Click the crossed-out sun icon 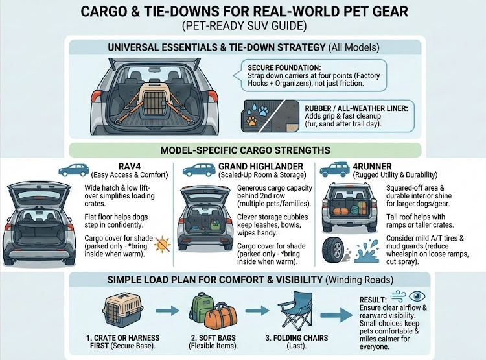[163, 245]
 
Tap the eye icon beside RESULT [417, 296]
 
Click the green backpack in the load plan [200, 309]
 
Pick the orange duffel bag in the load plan [222, 317]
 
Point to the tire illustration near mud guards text [334, 251]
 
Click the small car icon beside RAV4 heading [74, 171]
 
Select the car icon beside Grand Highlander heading [199, 170]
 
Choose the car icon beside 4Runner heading [335, 169]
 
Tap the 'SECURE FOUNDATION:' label [284, 67]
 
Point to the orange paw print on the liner [252, 121]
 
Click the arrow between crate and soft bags [167, 310]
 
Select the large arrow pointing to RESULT [336, 315]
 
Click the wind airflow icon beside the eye [399, 296]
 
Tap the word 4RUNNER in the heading [372, 167]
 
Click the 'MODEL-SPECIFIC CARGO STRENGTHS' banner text [245, 150]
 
